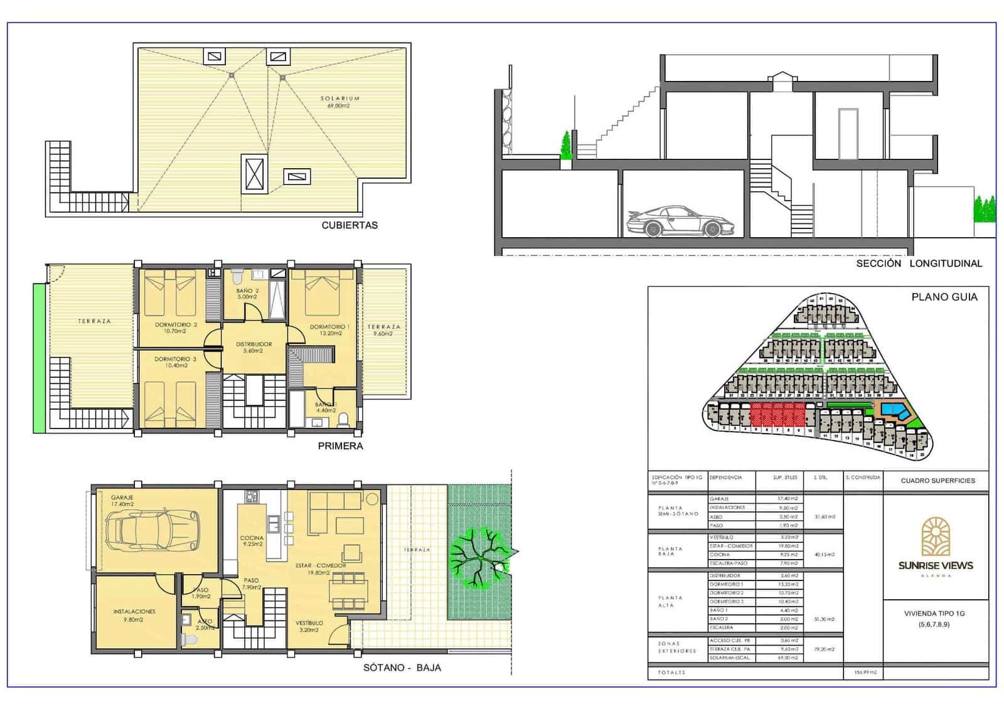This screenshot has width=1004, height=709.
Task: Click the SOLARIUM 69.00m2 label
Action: [x=339, y=102]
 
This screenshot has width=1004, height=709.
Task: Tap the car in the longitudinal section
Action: [x=681, y=221]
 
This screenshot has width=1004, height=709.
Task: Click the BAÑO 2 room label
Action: [x=247, y=294]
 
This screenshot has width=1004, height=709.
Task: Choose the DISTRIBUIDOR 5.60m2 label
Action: [x=254, y=348]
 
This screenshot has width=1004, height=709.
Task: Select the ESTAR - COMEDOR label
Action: [x=321, y=568]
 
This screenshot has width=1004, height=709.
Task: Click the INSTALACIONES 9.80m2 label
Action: [x=134, y=615]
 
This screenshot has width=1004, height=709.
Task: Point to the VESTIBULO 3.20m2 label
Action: [x=309, y=626]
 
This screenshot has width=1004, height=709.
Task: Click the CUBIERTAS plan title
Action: [x=350, y=225]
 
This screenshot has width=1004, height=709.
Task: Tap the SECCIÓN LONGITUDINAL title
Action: [x=919, y=264]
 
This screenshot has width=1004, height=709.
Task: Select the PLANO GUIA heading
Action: [x=944, y=297]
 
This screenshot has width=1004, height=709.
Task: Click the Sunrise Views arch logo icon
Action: [x=935, y=536]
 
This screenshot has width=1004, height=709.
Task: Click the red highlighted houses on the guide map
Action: [x=777, y=415]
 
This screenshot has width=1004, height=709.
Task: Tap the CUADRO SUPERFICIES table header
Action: [x=937, y=481]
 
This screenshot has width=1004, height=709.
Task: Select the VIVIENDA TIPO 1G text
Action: [x=934, y=613]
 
